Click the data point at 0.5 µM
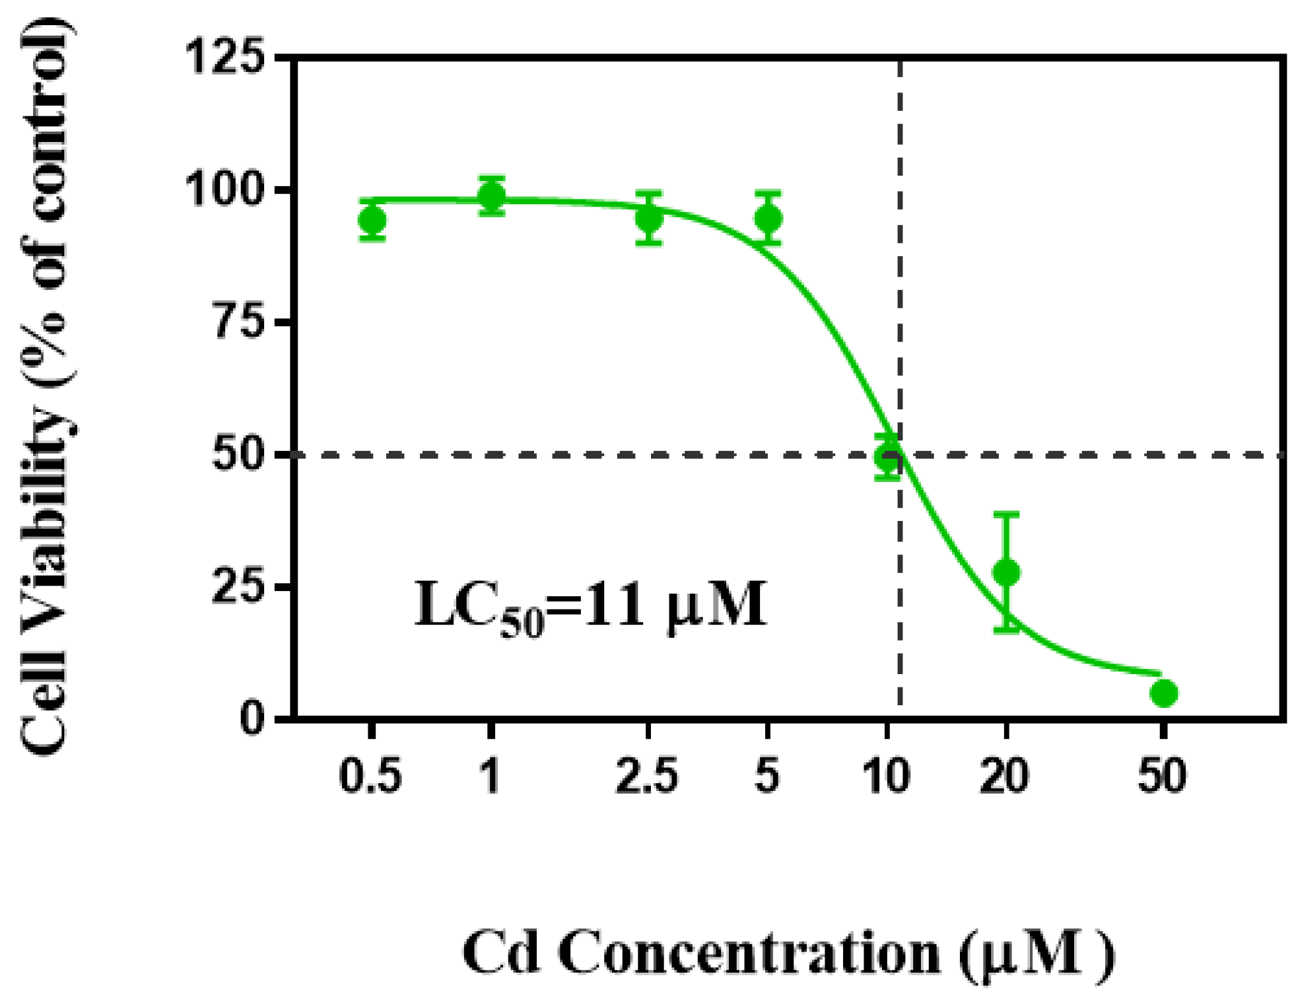[372, 220]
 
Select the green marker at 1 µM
[491, 195]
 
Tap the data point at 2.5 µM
[649, 218]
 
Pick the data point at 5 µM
[768, 218]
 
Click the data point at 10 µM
[888, 457]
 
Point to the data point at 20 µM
[1006, 572]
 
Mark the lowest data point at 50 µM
[1163, 693]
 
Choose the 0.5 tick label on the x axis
[370, 776]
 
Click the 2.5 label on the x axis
[647, 776]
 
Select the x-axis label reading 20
[1005, 776]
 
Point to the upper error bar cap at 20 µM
[1006, 514]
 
